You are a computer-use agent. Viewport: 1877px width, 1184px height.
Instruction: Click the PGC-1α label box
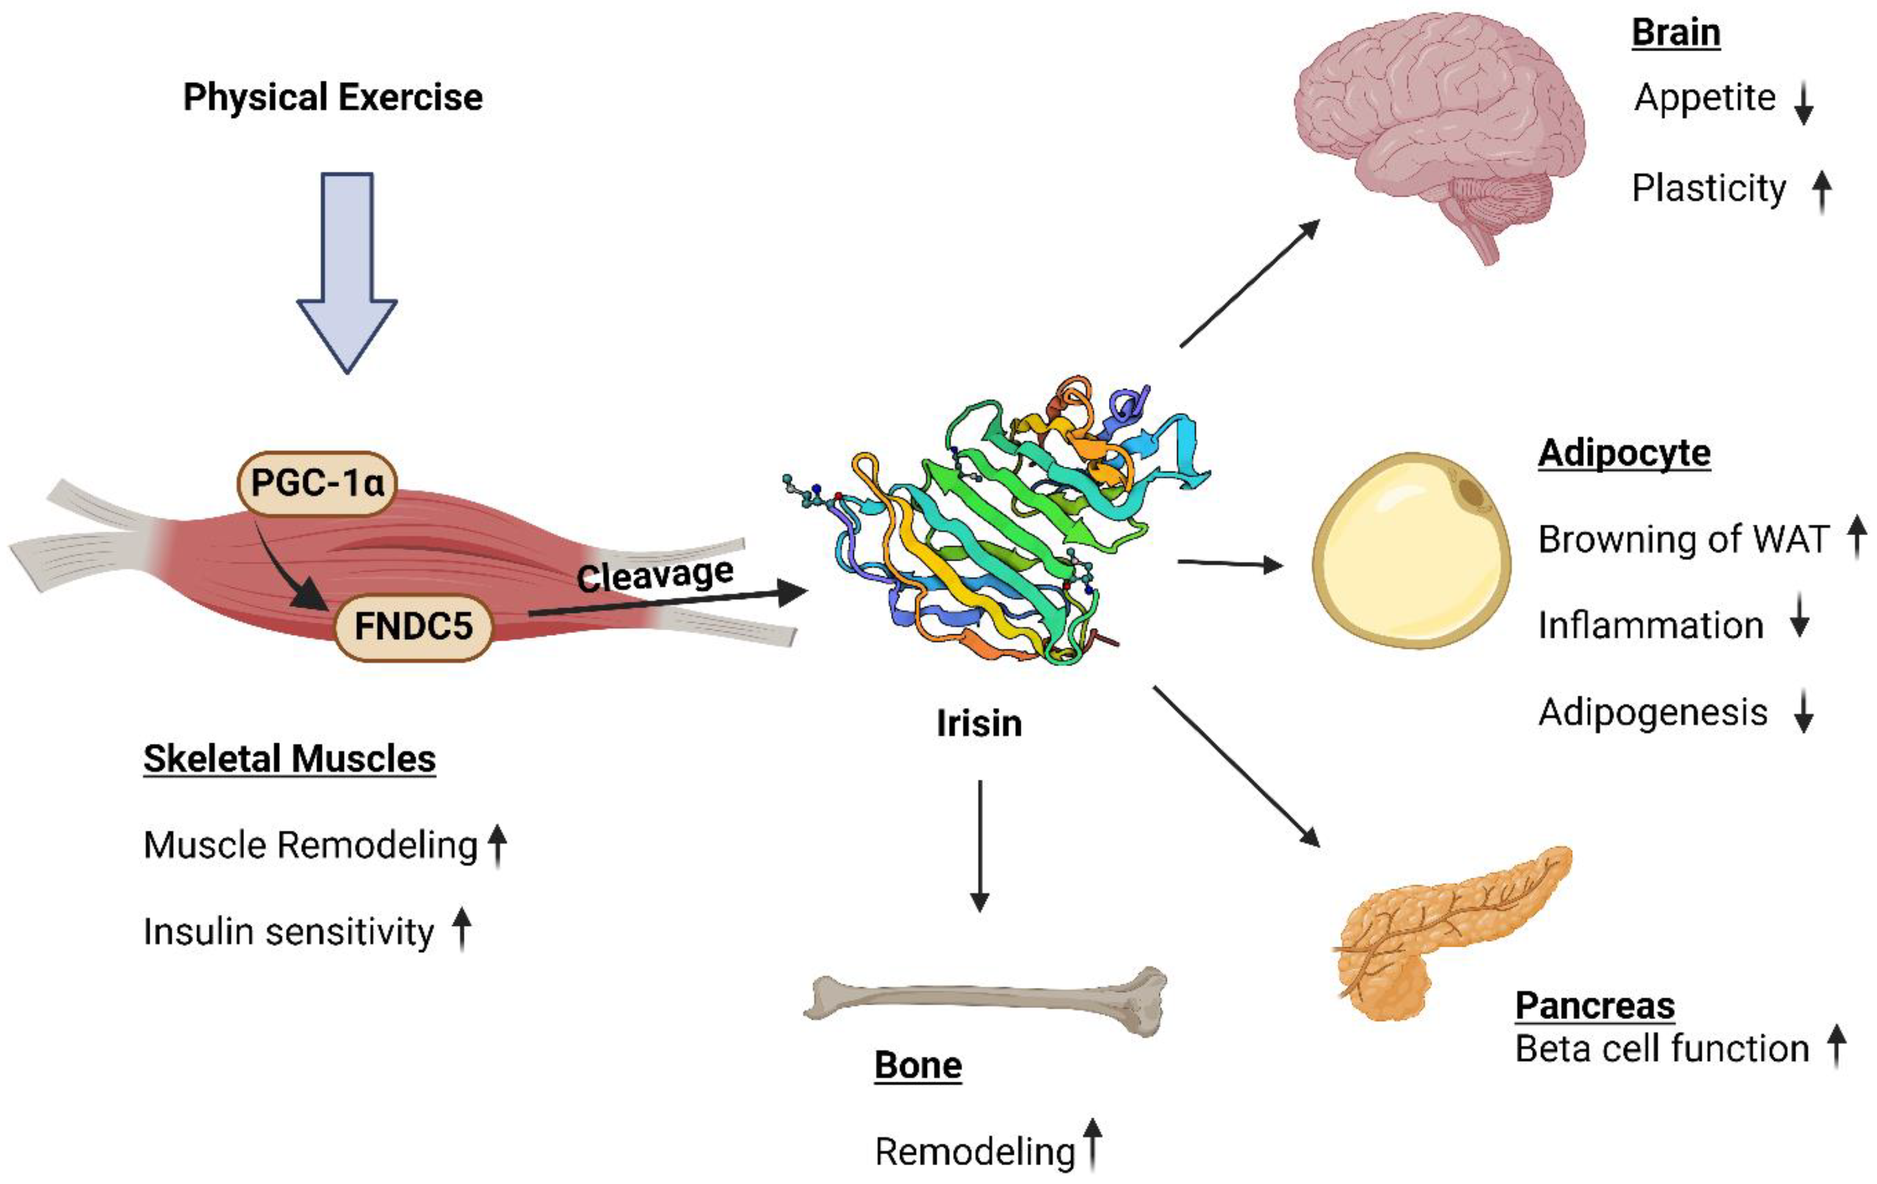(x=316, y=483)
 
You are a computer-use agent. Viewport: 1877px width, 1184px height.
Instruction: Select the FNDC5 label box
(x=413, y=626)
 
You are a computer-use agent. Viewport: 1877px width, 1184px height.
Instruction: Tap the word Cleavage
(x=655, y=575)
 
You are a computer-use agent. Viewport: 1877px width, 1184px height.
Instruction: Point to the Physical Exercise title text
(x=333, y=97)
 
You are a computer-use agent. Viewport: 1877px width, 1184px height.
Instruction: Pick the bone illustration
(x=986, y=1001)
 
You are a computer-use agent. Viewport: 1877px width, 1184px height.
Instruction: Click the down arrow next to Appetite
(x=1803, y=105)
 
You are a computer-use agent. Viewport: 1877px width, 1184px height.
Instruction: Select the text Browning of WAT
(x=1683, y=539)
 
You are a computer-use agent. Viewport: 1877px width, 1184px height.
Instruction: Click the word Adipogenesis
(x=1652, y=712)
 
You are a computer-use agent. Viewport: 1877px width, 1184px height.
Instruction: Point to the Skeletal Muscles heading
(x=289, y=758)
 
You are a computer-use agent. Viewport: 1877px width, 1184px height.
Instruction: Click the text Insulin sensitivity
(x=288, y=931)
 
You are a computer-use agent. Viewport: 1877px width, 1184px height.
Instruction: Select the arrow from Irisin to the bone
(x=980, y=846)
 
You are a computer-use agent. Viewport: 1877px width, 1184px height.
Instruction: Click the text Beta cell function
(x=1662, y=1048)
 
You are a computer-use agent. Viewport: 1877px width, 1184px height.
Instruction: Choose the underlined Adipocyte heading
(x=1624, y=453)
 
